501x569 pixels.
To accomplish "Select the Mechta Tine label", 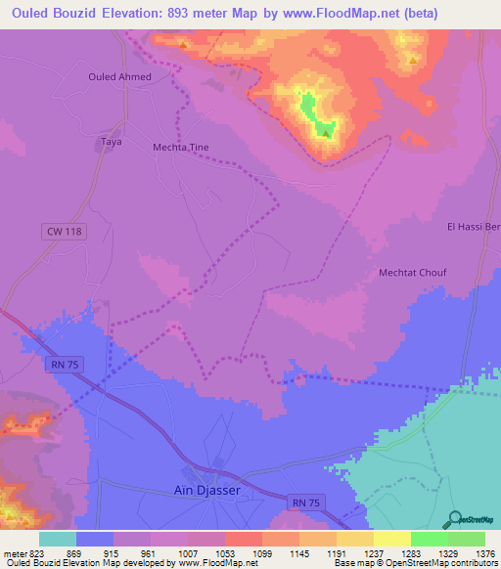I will (181, 148).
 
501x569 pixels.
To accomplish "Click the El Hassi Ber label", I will (474, 227).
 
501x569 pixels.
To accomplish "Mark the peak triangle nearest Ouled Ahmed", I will (182, 44).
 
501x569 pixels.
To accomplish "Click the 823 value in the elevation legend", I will (28, 552).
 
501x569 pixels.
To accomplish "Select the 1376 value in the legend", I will (485, 552).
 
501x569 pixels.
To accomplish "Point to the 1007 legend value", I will (187, 552).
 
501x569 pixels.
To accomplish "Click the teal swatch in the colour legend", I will (58, 539).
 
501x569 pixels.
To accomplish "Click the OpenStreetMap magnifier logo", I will (454, 519).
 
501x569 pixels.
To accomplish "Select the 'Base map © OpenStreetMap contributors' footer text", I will (414, 563).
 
